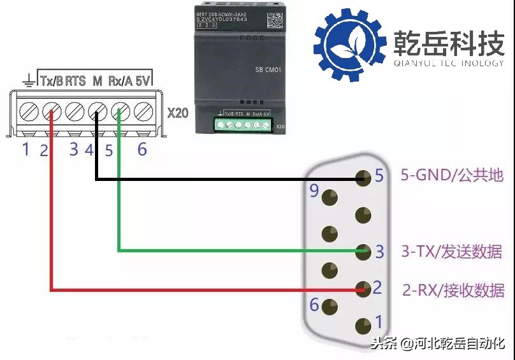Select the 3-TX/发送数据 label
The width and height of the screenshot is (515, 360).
click(x=452, y=251)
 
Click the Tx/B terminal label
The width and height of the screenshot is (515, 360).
click(x=52, y=81)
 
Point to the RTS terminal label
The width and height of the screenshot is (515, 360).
click(x=75, y=81)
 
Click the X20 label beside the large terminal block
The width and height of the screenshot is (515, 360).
click(x=178, y=113)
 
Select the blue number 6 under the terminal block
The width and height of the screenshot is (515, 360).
click(x=142, y=150)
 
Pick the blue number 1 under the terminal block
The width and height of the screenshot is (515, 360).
click(x=26, y=150)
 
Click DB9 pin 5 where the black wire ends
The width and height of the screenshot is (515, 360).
click(x=364, y=178)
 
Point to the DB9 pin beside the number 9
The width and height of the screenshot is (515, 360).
click(x=330, y=198)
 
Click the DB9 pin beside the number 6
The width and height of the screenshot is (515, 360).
click(x=330, y=306)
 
